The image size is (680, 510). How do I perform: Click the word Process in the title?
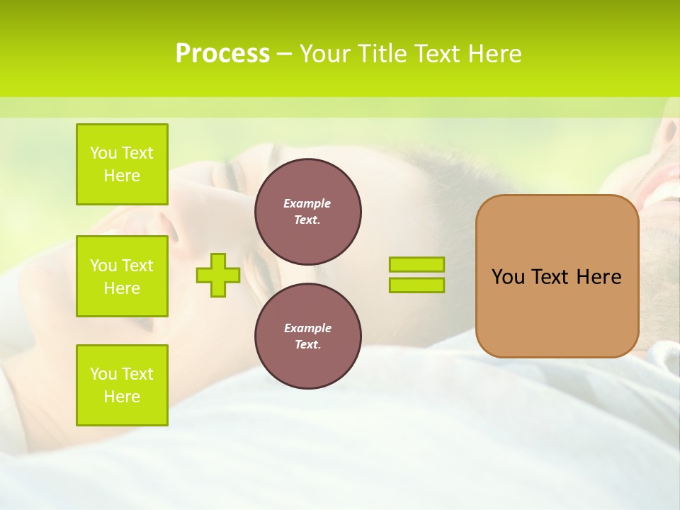tap(222, 54)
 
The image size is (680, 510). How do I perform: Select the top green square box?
tap(122, 164)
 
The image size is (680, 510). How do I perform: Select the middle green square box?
tap(122, 276)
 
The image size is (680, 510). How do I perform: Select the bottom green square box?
tap(122, 385)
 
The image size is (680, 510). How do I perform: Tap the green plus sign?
tap(218, 275)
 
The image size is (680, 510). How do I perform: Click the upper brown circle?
tap(308, 212)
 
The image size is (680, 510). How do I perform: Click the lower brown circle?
tap(308, 336)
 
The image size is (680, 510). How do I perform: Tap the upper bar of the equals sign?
tap(416, 264)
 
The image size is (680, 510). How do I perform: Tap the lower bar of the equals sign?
tap(416, 285)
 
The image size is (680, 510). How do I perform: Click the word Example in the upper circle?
tap(307, 203)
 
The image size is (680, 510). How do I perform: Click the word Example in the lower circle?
tap(307, 328)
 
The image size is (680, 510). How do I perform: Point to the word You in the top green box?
tap(103, 153)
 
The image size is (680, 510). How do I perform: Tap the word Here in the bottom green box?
tap(122, 397)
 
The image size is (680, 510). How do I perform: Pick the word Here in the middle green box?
tap(122, 288)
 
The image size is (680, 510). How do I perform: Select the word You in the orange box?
tap(508, 277)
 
